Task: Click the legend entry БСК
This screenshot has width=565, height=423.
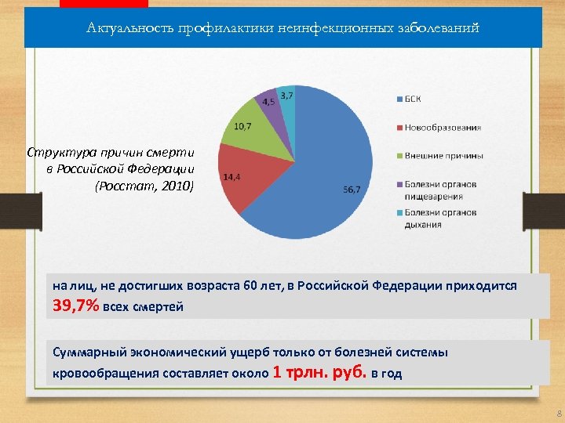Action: coord(413,98)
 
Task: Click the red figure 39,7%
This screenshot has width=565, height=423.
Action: coord(75,305)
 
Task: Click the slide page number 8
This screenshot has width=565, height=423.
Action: coord(558,413)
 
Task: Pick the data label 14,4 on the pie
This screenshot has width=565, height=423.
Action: coord(231,178)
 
